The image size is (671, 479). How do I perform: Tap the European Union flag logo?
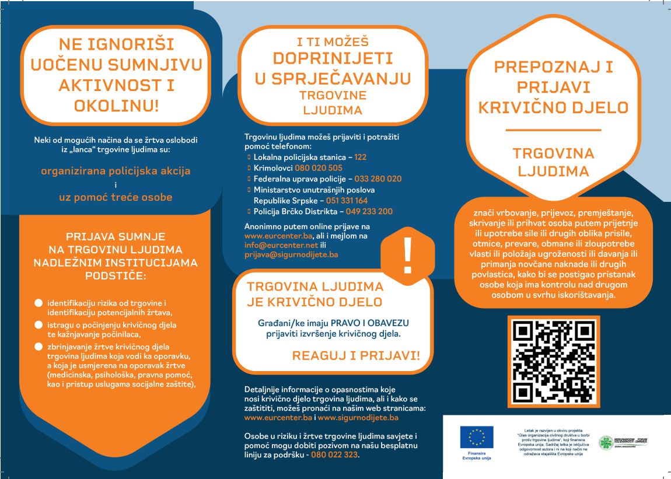[x=476, y=437]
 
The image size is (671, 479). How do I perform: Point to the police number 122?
[x=361, y=158]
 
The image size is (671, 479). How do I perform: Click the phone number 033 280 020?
[x=378, y=179]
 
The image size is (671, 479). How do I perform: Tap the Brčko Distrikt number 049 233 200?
[x=369, y=211]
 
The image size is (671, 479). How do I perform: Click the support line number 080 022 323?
[x=335, y=454]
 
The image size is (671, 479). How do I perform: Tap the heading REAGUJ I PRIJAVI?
[x=355, y=356]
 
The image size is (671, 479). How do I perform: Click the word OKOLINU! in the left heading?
[x=117, y=105]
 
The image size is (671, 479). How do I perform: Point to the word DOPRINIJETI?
[x=333, y=58]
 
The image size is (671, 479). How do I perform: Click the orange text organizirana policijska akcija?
[x=116, y=171]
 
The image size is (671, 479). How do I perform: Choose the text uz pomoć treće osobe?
[x=116, y=197]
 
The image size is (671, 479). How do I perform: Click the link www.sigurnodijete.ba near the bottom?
[x=358, y=418]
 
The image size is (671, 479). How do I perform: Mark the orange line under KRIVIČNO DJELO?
[x=553, y=130]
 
